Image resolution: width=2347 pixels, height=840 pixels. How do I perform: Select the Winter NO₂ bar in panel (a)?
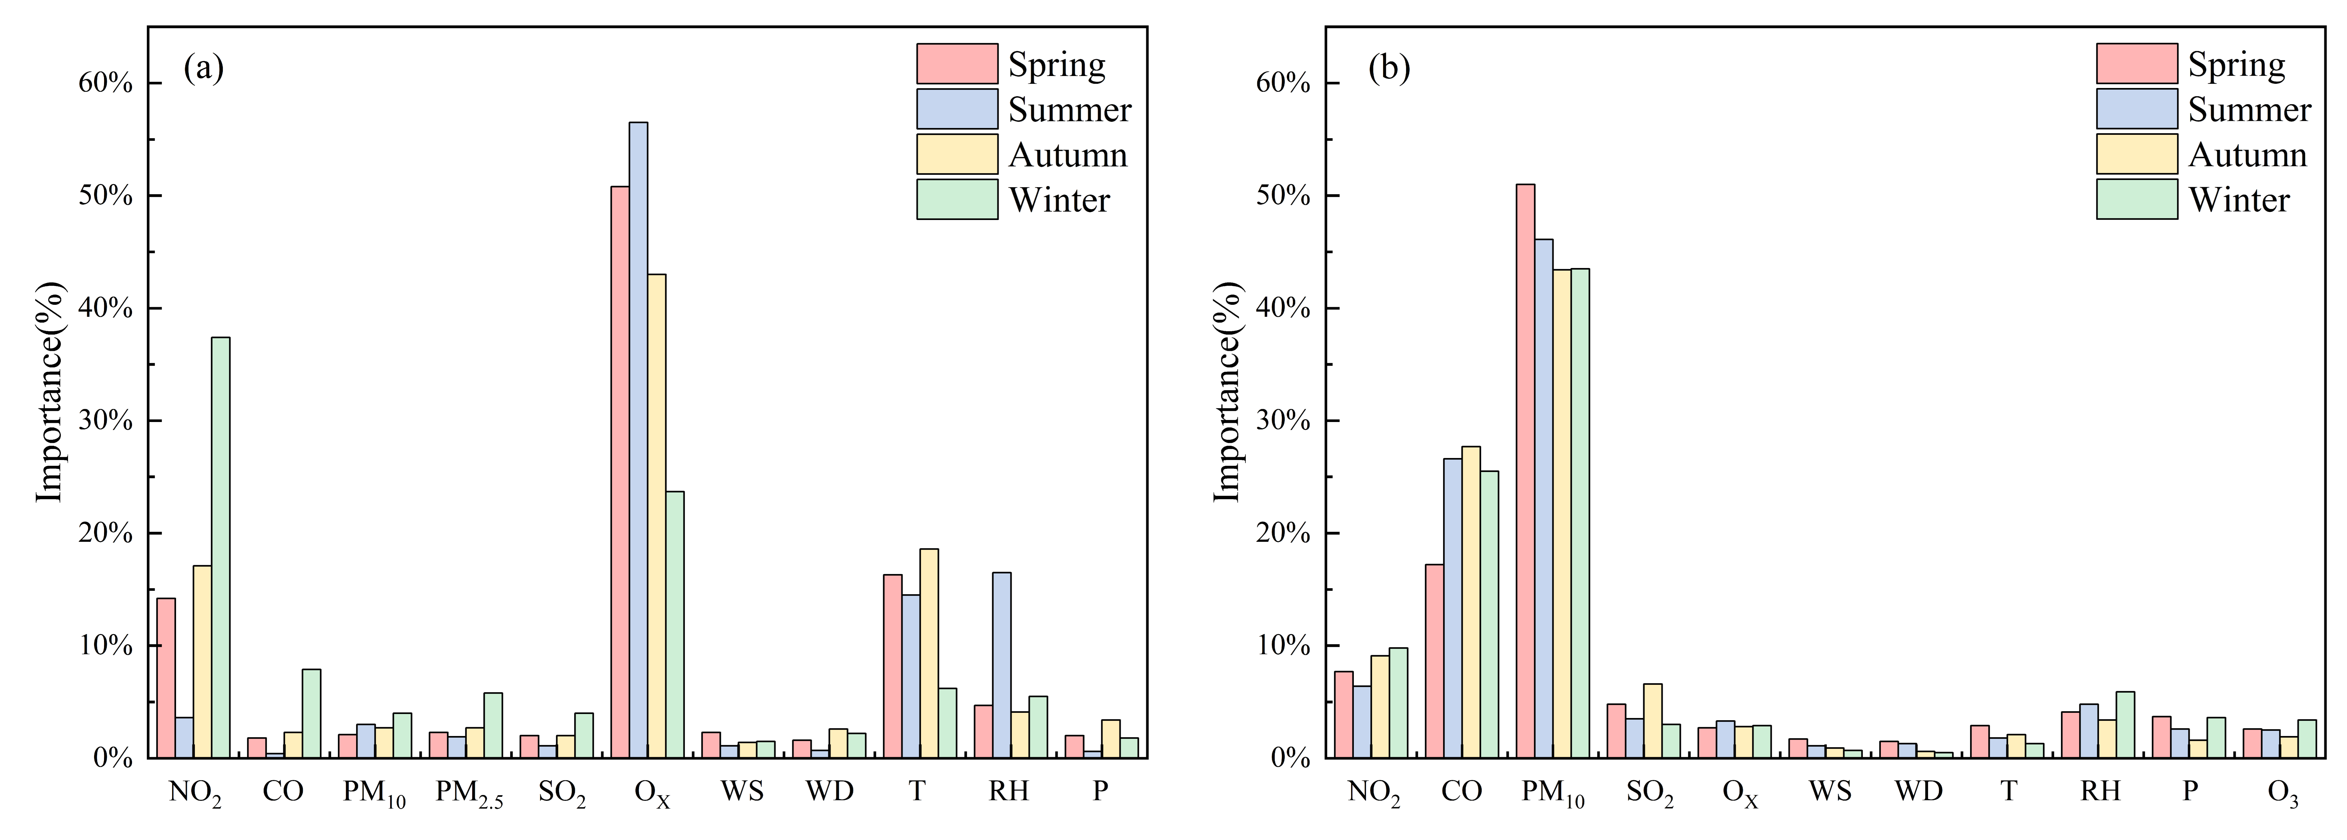point(220,547)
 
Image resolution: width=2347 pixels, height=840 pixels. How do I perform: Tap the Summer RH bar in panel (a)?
point(1001,665)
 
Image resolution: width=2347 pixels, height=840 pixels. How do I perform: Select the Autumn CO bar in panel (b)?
point(1470,601)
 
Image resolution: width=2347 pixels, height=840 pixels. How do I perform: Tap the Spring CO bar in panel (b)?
point(1434,661)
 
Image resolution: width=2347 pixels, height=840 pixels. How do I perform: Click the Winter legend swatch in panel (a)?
point(957,199)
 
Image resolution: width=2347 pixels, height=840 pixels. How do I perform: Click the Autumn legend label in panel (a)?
point(1068,155)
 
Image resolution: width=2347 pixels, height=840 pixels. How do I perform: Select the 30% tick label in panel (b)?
point(1283,421)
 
